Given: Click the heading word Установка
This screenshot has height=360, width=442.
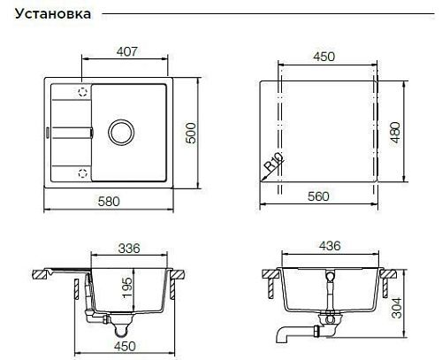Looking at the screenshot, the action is pos(53,14).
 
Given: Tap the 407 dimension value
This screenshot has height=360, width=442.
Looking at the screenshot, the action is pos(127,51).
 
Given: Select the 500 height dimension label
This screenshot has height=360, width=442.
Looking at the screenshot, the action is pos(191,133).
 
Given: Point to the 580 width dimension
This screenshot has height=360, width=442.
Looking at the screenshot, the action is pos(109,202).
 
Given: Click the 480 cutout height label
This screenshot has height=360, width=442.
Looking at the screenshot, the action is pos(396,133).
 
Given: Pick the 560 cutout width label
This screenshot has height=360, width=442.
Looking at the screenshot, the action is pos(318,196).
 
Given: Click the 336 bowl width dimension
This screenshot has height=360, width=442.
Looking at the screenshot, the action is pos(129,249).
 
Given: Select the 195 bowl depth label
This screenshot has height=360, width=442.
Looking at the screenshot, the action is pos(127,287).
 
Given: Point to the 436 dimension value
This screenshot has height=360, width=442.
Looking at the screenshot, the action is pos(330,246).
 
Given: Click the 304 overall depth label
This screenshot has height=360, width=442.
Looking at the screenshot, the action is pos(397,308).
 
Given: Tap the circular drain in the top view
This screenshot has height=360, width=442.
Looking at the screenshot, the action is pos(121,133).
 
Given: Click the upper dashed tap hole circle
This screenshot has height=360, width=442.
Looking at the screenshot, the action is pos(83,92).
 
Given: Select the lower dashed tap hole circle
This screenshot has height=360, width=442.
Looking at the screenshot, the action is pos(83,173).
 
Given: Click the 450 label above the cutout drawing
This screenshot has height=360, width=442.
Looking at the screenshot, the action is pos(324,57).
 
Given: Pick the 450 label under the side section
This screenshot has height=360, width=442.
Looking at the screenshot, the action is pos(125,347).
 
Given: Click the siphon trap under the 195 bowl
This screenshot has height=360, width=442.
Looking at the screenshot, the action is pos(120,327).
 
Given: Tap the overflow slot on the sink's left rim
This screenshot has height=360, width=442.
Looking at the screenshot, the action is pos(47,133).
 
